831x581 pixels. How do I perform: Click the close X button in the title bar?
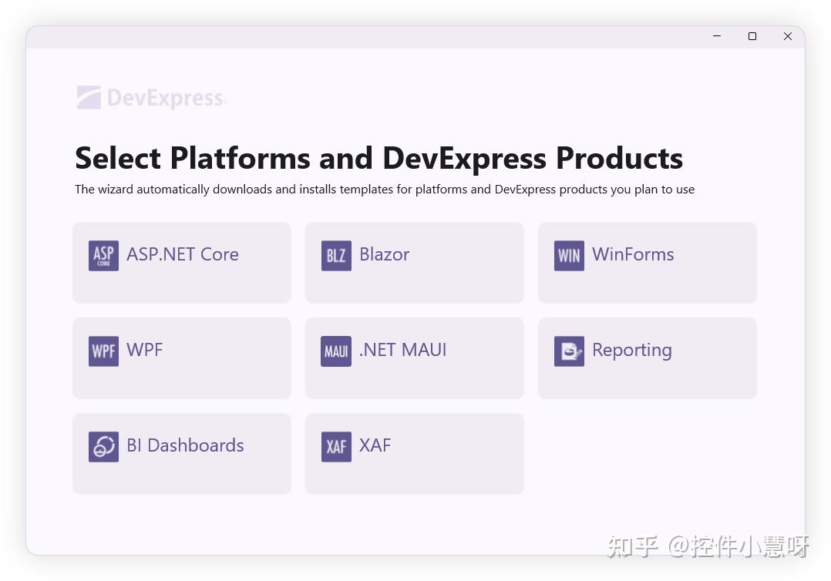[x=787, y=36]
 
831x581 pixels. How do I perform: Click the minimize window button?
[x=717, y=36]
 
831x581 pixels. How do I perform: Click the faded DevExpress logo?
[x=151, y=98]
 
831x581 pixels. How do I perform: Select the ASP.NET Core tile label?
[x=183, y=254]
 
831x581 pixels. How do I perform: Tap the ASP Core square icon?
[x=103, y=256]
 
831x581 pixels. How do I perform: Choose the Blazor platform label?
[x=384, y=254]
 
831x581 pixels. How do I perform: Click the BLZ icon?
[x=336, y=256]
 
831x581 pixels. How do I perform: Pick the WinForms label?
[x=633, y=254]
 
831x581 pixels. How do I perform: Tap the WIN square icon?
[x=569, y=256]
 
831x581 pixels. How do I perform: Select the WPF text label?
[x=145, y=350]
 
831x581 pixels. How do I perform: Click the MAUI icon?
[x=336, y=351]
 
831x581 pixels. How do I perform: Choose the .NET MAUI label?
[x=403, y=350]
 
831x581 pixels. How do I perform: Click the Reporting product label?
[x=632, y=351]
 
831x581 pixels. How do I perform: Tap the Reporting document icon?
[x=569, y=351]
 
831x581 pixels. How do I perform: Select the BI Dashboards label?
[x=185, y=445]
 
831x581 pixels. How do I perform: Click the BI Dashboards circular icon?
[x=103, y=447]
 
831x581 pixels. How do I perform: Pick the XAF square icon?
[x=336, y=447]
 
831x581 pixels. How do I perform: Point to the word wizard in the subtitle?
[x=116, y=190]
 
